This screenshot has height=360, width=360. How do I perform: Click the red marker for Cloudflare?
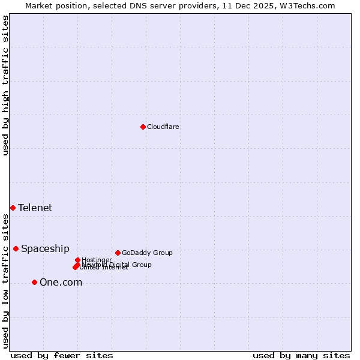pyautogui.click(x=143, y=127)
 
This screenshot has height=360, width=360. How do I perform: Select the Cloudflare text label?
pyautogui.click(x=163, y=127)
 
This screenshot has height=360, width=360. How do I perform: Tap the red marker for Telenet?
pyautogui.click(x=13, y=208)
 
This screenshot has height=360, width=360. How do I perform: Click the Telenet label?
pyautogui.click(x=35, y=208)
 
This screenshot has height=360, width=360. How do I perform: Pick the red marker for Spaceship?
pyautogui.click(x=16, y=248)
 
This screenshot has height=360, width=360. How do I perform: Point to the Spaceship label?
pyautogui.click(x=45, y=249)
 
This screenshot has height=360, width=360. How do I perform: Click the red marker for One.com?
pyautogui.click(x=34, y=282)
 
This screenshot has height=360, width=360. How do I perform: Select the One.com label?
pyautogui.click(x=61, y=283)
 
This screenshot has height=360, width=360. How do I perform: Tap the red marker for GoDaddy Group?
pyautogui.click(x=118, y=253)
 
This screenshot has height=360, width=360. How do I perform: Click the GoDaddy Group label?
pyautogui.click(x=147, y=253)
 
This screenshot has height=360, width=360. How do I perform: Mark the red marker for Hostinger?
pyautogui.click(x=77, y=260)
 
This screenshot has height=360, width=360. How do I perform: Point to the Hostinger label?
pyautogui.click(x=97, y=260)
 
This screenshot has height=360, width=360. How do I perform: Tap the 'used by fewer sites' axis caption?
pyautogui.click(x=62, y=355)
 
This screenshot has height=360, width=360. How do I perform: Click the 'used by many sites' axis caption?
pyautogui.click(x=301, y=355)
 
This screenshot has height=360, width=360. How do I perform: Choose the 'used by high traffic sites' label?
pyautogui.click(x=5, y=85)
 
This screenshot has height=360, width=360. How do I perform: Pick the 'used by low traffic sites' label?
pyautogui.click(x=5, y=280)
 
